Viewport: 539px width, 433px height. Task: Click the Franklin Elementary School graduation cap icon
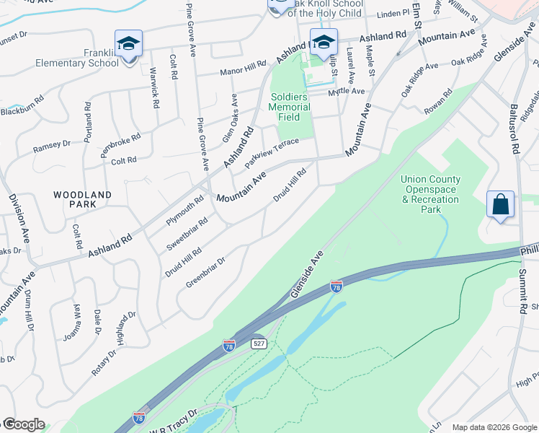128,43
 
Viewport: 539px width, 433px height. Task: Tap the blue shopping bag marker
500,204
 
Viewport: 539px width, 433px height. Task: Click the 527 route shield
259,344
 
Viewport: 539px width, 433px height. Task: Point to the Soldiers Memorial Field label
289,107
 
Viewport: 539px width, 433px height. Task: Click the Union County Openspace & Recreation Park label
430,194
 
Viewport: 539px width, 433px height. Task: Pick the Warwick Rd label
154,87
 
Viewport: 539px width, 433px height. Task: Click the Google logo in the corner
24,424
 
